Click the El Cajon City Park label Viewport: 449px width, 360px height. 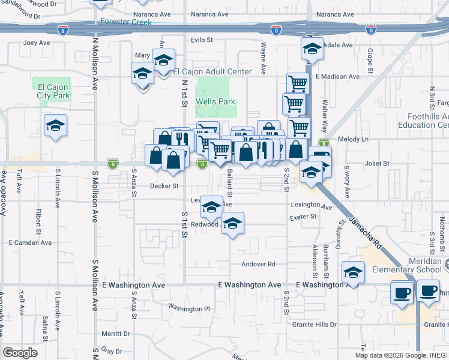tap(53, 91)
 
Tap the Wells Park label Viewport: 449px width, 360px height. tap(215, 101)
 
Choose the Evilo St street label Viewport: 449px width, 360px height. tap(202, 40)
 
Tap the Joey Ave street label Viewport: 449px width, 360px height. tap(36, 43)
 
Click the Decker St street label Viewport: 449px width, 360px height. tap(164, 186)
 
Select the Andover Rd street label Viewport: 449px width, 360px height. tap(258, 264)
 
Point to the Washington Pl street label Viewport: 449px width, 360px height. tap(189, 308)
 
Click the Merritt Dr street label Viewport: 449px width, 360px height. tap(116, 334)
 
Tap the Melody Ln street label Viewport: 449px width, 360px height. tap(353, 139)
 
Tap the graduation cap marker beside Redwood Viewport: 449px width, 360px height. tap(232, 224)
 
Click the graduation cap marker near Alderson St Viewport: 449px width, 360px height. tap(354, 272)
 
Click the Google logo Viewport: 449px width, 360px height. tap(20, 353)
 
